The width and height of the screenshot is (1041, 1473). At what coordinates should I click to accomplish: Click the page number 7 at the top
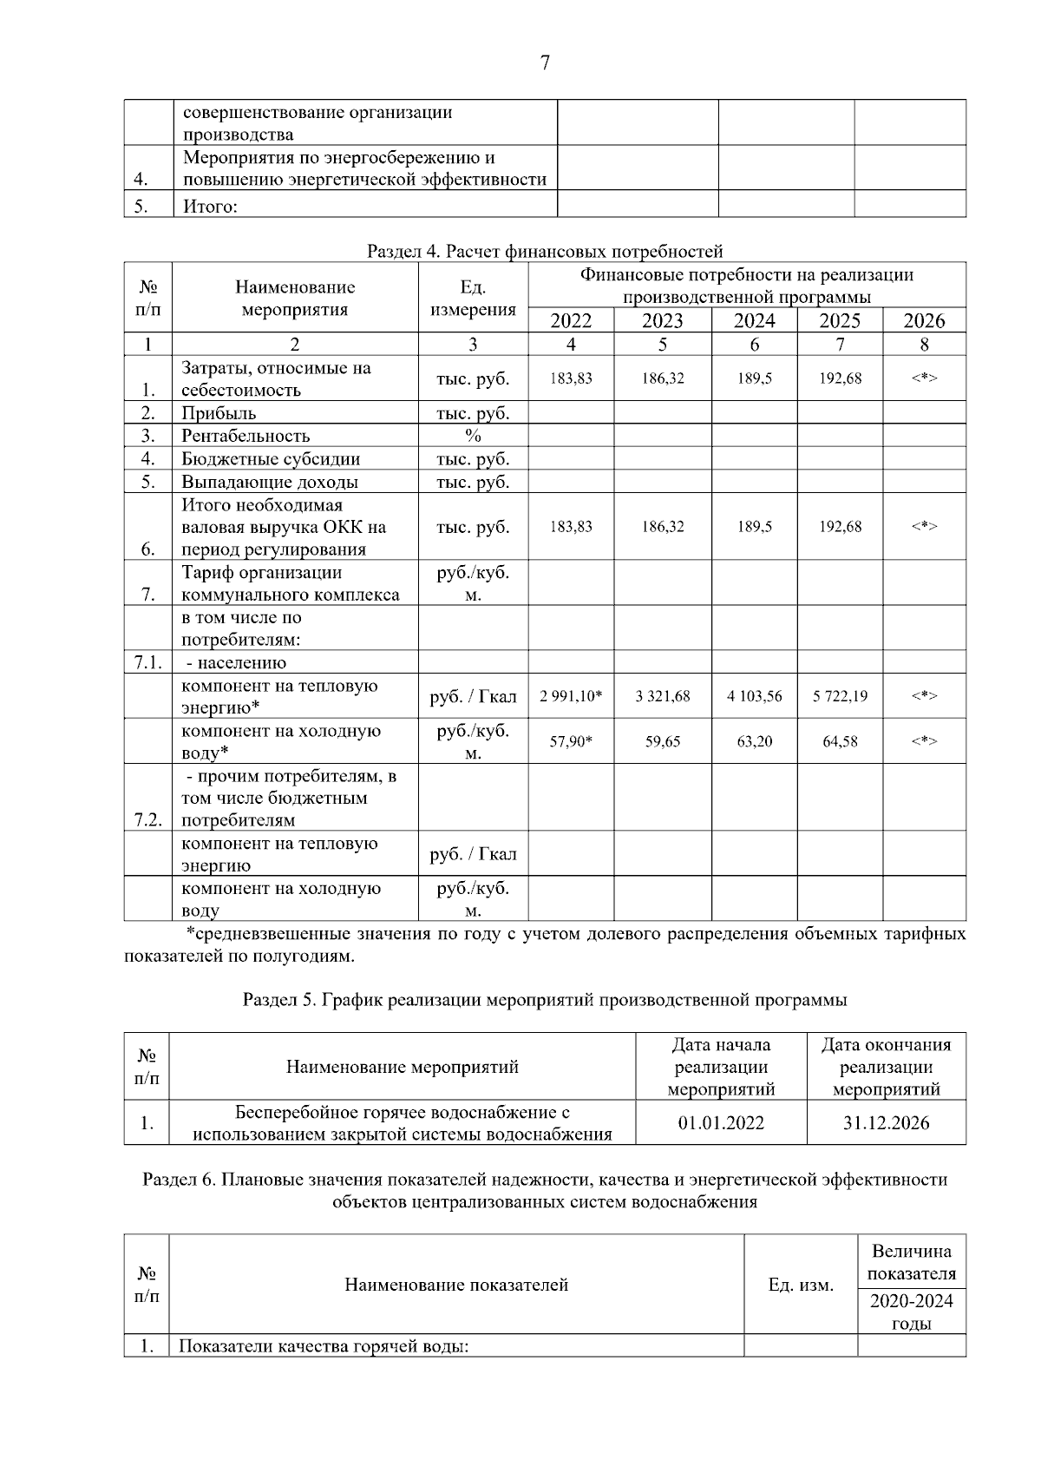click(545, 63)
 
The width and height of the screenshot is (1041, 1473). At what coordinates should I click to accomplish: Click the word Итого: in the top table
click(210, 207)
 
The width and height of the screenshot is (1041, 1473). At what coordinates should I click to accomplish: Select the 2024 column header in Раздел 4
click(754, 321)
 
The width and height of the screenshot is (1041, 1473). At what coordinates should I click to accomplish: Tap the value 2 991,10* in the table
click(571, 696)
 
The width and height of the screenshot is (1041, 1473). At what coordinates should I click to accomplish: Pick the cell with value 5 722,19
click(840, 696)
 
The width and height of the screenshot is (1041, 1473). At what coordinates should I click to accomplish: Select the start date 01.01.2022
click(721, 1123)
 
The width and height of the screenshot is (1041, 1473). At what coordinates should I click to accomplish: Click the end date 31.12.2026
click(886, 1123)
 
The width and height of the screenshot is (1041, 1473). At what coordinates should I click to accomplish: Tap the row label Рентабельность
click(246, 436)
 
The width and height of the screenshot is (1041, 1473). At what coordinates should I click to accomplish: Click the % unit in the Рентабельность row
click(473, 436)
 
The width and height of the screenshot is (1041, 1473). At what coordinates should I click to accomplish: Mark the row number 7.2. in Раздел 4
click(148, 820)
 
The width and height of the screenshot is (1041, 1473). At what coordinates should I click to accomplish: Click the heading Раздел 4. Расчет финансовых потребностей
click(545, 252)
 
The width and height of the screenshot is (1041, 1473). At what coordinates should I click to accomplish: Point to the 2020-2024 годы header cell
click(911, 1312)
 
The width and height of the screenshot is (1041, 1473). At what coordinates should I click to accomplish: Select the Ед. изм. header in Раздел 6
click(801, 1285)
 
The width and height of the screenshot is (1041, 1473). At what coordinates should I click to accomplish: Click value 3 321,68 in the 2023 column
click(662, 696)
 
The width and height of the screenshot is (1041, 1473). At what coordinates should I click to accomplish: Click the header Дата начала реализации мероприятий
click(721, 1067)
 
